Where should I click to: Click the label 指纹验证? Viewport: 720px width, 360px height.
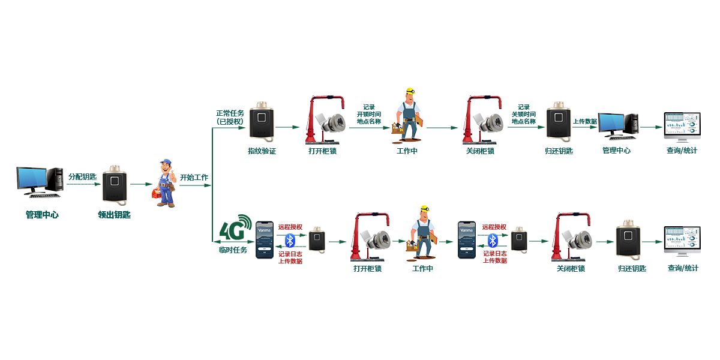tap(262, 151)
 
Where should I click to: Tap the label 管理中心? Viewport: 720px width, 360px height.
tap(616, 151)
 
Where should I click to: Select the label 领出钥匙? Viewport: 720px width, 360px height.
tap(114, 214)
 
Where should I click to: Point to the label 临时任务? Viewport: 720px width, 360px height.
tap(233, 250)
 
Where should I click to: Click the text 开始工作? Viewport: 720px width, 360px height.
tap(194, 178)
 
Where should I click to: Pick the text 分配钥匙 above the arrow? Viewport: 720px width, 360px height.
tap(82, 176)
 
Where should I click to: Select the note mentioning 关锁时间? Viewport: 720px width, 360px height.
tap(523, 114)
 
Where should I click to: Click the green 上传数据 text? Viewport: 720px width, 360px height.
tap(585, 121)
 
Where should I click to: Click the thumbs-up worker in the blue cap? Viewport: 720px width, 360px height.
tap(163, 183)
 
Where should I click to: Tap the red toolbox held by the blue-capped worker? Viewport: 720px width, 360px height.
tap(157, 193)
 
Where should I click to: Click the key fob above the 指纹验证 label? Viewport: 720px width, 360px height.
tap(262, 122)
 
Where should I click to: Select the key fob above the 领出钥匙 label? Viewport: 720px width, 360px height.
tap(114, 185)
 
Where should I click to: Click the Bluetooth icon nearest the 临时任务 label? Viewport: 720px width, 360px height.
tap(290, 241)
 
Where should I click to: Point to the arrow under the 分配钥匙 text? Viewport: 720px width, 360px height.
tap(82, 184)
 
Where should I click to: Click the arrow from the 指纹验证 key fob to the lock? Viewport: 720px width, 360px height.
tap(287, 127)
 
